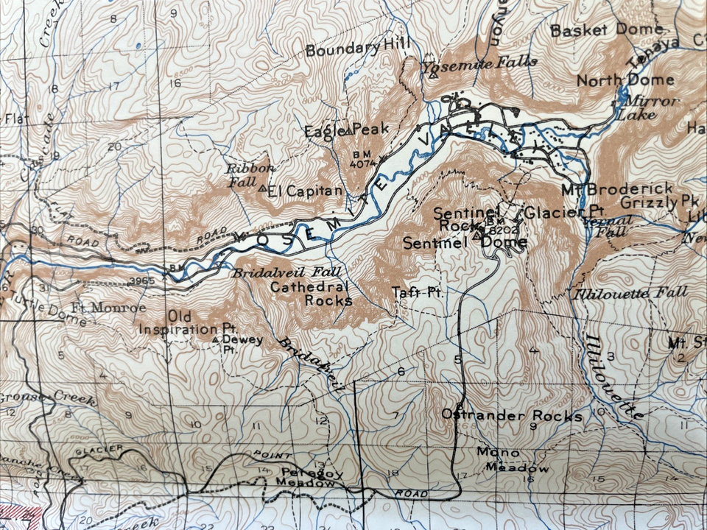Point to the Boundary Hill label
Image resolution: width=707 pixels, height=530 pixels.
tap(357, 50)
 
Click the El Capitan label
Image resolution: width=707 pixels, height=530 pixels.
tap(305, 192)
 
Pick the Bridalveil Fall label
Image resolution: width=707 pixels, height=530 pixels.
tap(278, 272)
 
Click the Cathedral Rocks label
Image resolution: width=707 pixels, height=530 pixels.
tap(311, 294)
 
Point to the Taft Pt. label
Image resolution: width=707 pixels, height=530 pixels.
tap(416, 292)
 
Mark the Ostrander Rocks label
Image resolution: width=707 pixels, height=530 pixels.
tap(511, 416)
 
